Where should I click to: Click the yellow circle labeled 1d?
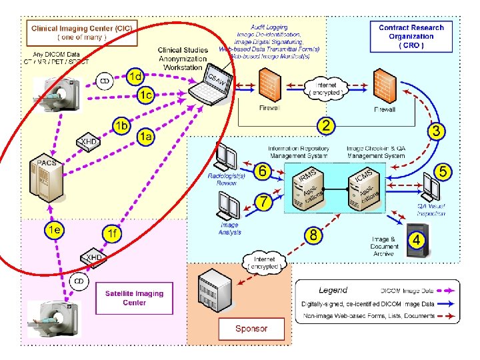pyautogui.click(x=135, y=77)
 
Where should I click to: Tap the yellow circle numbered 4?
pyautogui.click(x=416, y=239)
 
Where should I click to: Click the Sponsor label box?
pyautogui.click(x=251, y=328)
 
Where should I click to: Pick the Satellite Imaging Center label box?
pyautogui.click(x=134, y=298)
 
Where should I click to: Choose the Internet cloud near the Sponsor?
pyautogui.click(x=267, y=262)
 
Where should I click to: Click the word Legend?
pyautogui.click(x=333, y=290)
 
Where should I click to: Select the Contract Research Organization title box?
pyautogui.click(x=411, y=37)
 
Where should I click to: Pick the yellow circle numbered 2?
pyautogui.click(x=325, y=125)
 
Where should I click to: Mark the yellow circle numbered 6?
pyautogui.click(x=263, y=172)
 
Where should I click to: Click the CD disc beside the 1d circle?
pyautogui.click(x=105, y=81)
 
